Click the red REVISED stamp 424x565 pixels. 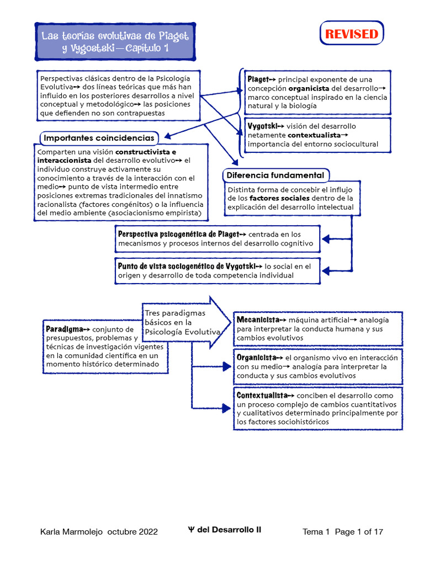tap(352, 34)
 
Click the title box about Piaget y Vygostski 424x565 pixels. tap(115, 42)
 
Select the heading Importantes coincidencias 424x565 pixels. tap(99, 137)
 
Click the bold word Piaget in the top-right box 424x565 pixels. tap(258, 79)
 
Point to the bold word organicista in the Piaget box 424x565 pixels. tap(309, 88)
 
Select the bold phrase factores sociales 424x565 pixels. tap(279, 199)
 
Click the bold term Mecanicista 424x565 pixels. tap(258, 320)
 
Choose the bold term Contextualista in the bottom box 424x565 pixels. tap(262, 396)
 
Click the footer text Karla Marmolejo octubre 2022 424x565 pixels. tap(99, 532)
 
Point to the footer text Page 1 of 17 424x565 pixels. tap(359, 532)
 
